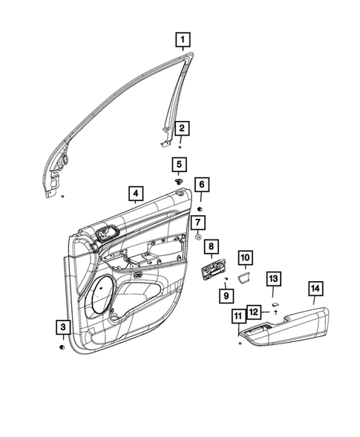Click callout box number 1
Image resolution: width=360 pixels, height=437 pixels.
(182, 37)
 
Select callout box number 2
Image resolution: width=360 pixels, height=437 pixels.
(181, 128)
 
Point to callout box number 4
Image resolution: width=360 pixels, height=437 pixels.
(134, 194)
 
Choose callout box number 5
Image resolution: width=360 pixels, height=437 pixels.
(180, 164)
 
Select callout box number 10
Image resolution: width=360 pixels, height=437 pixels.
(246, 258)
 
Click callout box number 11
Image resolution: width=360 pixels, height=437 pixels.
(238, 316)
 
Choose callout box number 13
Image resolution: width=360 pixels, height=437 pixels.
(274, 279)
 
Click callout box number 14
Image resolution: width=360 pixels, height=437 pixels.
(315, 289)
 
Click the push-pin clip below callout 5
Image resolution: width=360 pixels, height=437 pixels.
(180, 181)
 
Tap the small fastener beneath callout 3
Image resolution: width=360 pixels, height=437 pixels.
(61, 346)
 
